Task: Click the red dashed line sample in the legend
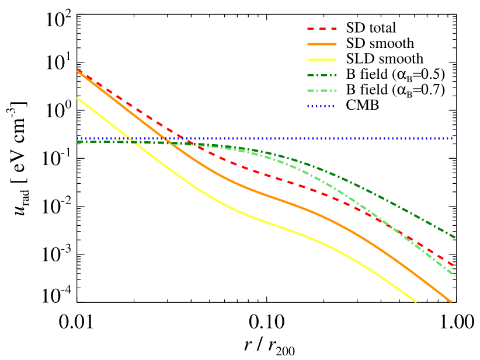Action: coord(322,29)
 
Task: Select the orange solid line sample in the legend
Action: coord(322,44)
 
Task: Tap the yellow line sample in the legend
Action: coord(322,60)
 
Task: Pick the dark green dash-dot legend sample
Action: coord(322,75)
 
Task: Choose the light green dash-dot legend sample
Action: coord(322,91)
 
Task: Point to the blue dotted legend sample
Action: coord(321,106)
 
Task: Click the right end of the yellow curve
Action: coord(416,302)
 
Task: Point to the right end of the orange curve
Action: coord(451,302)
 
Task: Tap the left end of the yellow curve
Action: coord(77,98)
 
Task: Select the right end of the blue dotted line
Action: coord(452,139)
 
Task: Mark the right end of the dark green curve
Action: coord(455,237)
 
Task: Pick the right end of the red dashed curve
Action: coord(454,266)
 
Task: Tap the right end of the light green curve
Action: coord(455,275)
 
